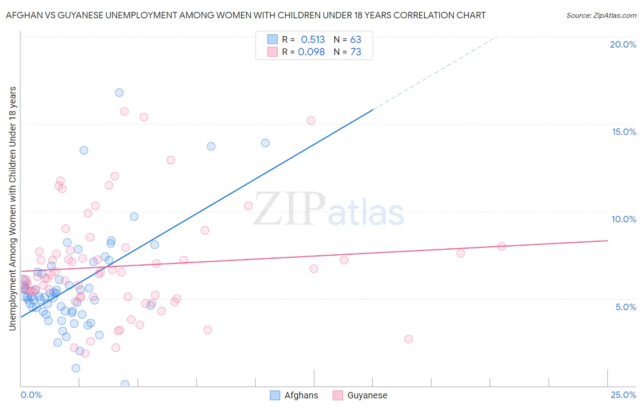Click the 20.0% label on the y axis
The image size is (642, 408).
point(623,44)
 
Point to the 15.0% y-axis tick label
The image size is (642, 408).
point(624,132)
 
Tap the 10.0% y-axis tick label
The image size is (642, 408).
point(624,219)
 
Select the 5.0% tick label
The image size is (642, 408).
point(626,307)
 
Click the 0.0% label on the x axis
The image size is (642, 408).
point(31,395)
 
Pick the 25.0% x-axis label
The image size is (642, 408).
point(623,395)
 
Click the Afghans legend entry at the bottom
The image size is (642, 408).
point(294,395)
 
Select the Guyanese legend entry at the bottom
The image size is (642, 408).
point(360,395)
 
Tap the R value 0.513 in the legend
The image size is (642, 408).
point(313,39)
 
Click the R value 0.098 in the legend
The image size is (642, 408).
point(311,52)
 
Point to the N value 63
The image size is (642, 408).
point(356,39)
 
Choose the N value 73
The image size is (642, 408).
point(356,52)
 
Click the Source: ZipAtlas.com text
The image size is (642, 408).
point(601,15)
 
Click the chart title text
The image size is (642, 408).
point(246,15)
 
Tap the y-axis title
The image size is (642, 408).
point(12,208)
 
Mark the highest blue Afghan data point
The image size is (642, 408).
point(119,92)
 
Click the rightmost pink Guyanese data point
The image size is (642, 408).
point(501,246)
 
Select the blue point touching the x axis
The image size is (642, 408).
point(125,384)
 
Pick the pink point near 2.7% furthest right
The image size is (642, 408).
point(409,339)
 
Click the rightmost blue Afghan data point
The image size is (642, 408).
point(265,143)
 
